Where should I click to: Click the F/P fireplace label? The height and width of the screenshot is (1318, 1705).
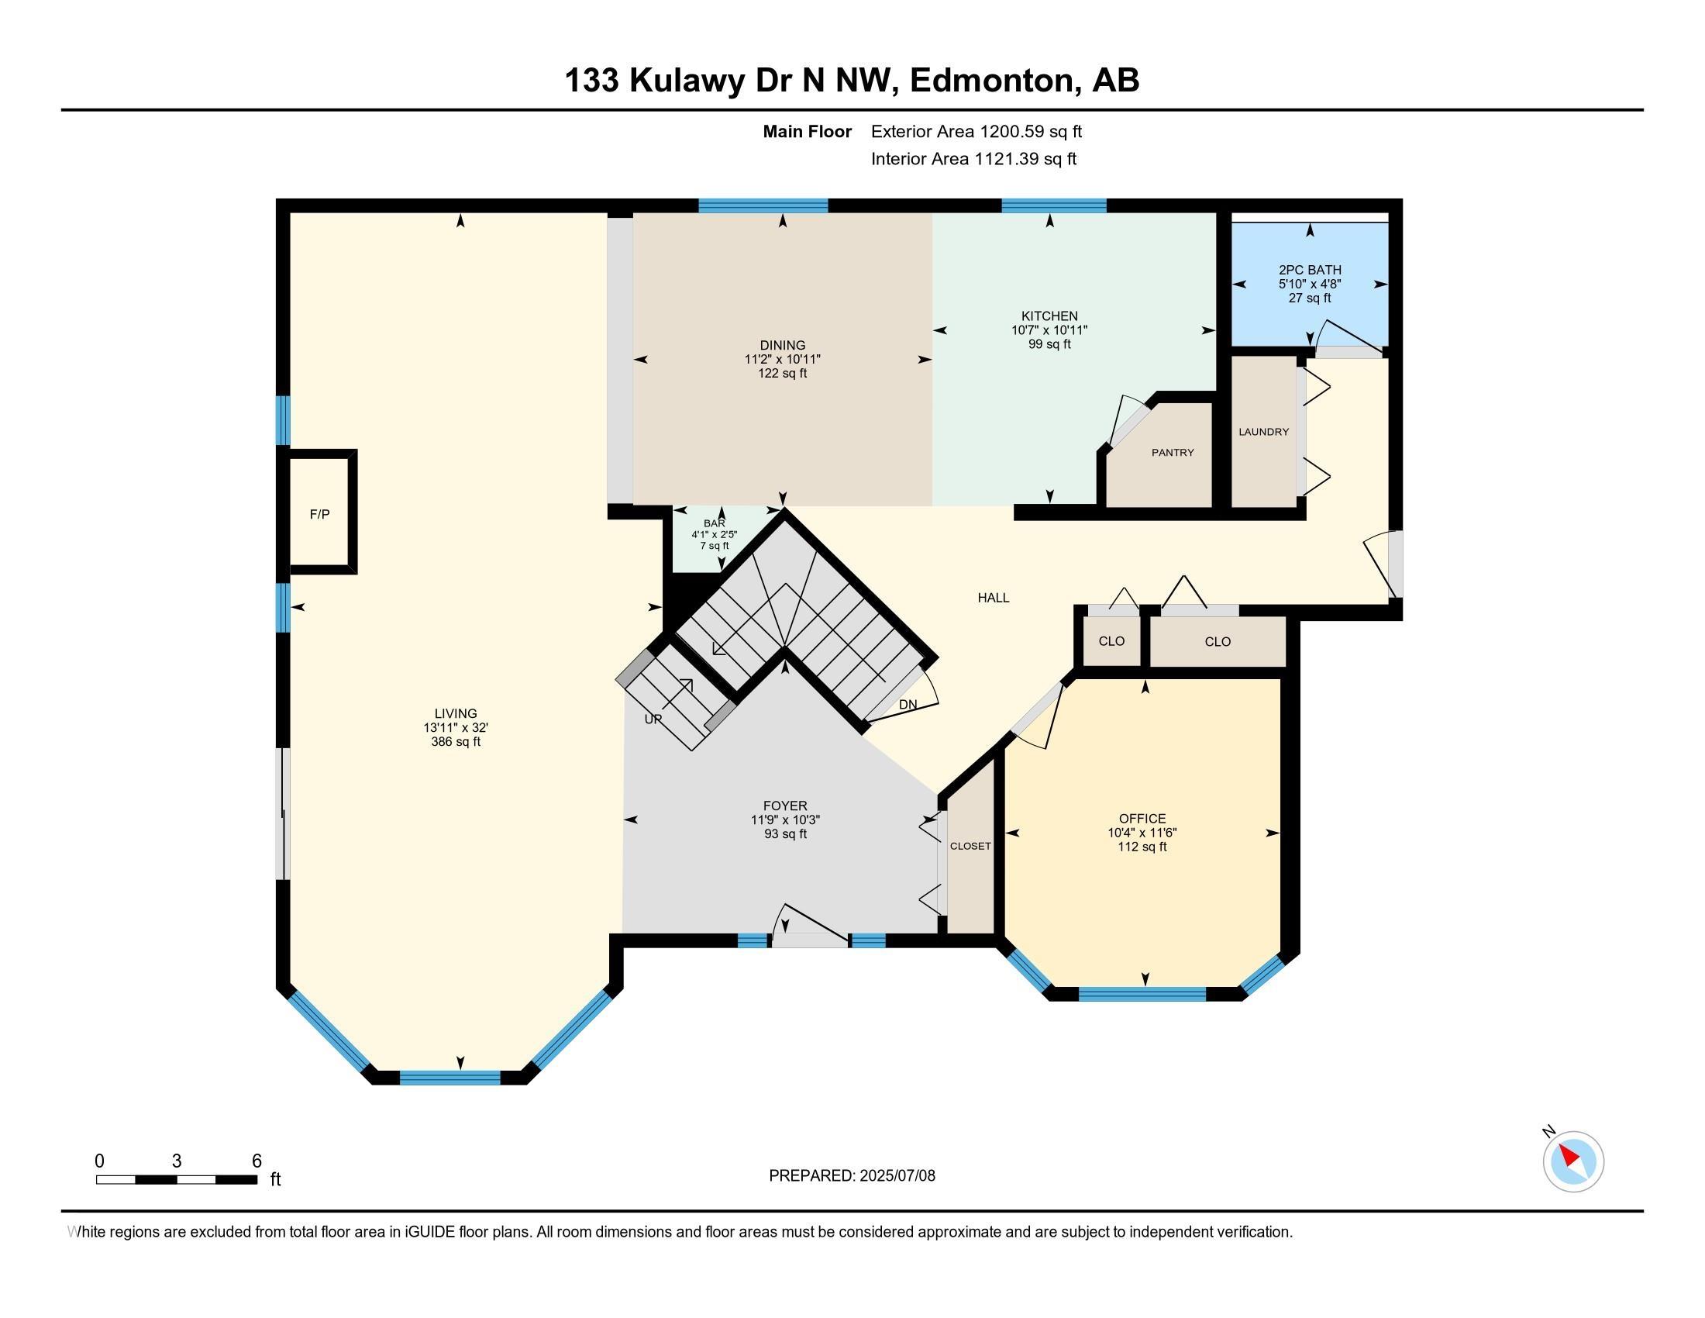click(319, 514)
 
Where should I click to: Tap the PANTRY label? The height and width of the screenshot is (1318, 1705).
click(1173, 452)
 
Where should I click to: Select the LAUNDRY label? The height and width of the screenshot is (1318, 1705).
click(1263, 431)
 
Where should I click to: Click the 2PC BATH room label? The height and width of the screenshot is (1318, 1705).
click(1310, 270)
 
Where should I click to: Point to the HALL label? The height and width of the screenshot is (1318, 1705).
click(993, 597)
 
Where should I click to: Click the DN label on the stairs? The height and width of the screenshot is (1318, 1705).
click(908, 704)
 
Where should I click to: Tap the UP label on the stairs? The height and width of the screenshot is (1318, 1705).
click(653, 719)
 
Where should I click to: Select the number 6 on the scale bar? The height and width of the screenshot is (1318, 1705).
click(257, 1161)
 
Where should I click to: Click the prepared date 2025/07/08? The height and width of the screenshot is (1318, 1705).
click(896, 1175)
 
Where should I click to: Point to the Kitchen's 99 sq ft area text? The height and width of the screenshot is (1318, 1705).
click(1049, 343)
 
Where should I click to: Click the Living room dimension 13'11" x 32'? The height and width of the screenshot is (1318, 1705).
click(455, 727)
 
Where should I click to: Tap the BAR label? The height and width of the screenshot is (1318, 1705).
click(715, 523)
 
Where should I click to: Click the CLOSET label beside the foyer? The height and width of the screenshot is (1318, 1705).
click(970, 846)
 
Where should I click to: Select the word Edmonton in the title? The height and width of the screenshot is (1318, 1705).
click(990, 80)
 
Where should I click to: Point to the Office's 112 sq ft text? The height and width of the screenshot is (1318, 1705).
click(1142, 847)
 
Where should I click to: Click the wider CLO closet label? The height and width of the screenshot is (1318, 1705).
click(1217, 642)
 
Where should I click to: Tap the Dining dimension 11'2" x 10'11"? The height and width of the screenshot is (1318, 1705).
click(782, 359)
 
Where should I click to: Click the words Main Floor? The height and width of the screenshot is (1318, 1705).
click(808, 131)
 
